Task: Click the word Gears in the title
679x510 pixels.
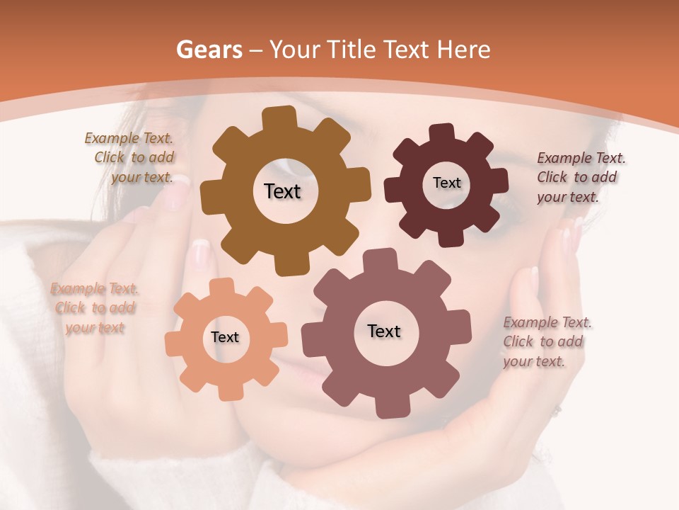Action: (x=208, y=50)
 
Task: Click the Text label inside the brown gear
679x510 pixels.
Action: (x=282, y=191)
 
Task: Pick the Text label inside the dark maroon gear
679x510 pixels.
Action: (x=446, y=183)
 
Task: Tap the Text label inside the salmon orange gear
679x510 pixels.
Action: (x=224, y=337)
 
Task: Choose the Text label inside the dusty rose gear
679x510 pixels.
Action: (x=384, y=331)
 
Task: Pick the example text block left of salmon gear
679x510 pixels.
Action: (x=94, y=308)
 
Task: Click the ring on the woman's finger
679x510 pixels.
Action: (x=557, y=410)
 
